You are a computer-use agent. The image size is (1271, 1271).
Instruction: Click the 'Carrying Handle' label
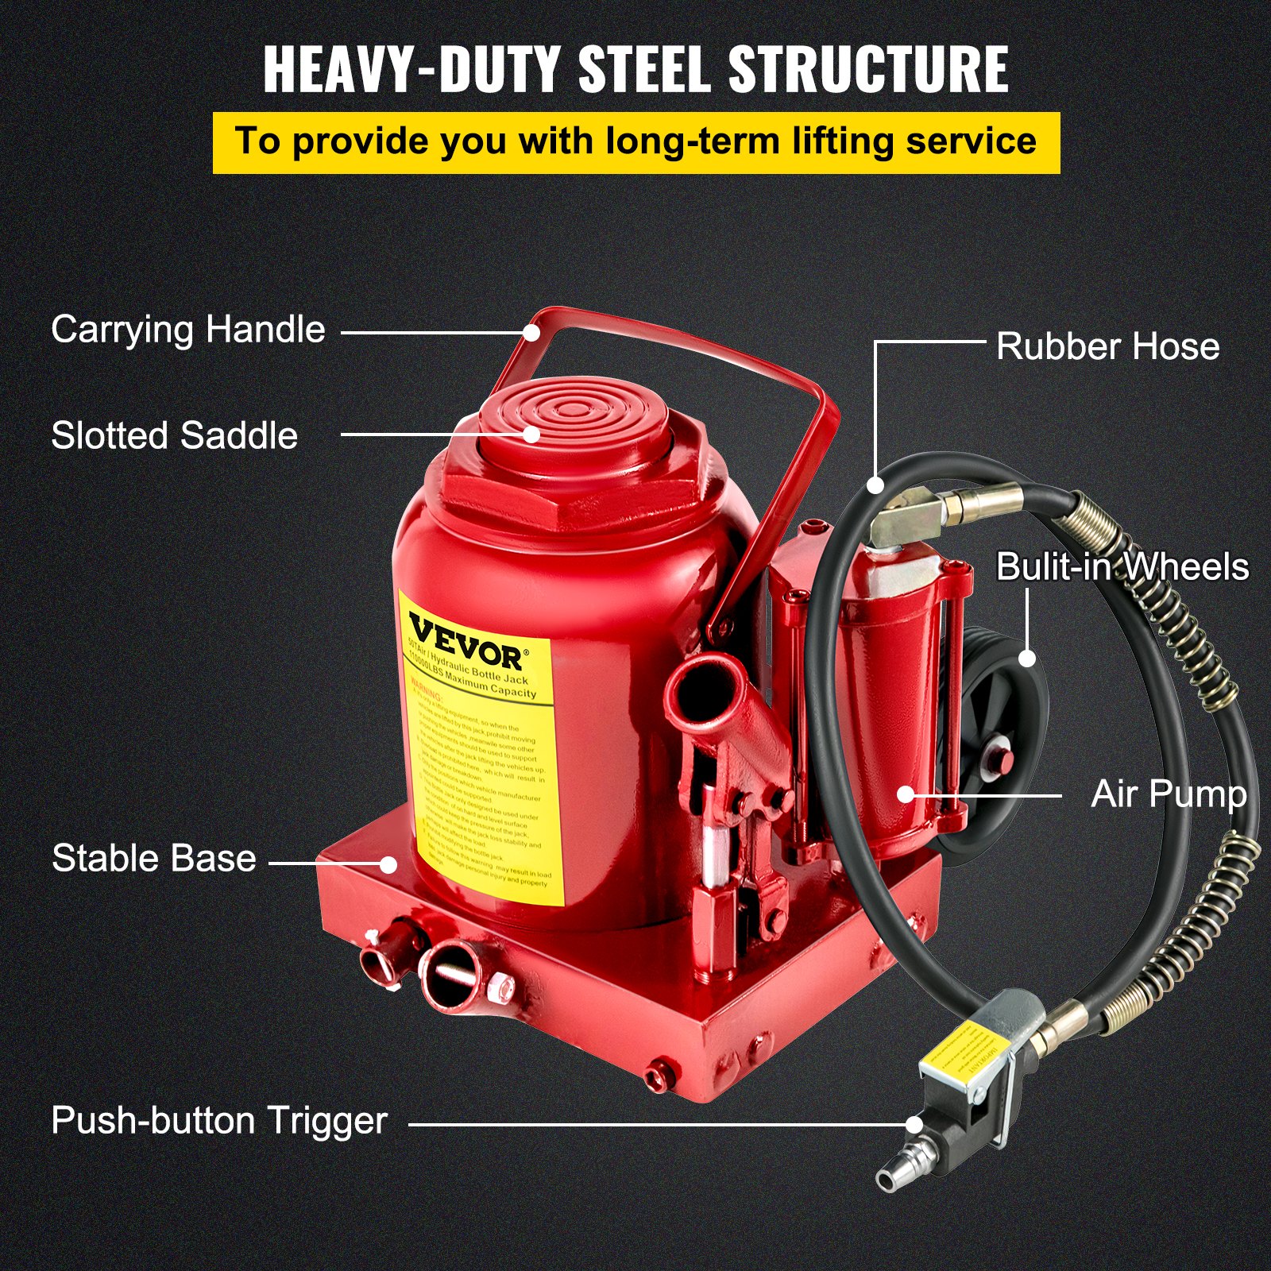click(x=188, y=330)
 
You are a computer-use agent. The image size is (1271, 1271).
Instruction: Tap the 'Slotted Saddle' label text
click(x=175, y=435)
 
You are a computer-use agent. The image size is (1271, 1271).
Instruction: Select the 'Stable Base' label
click(x=154, y=859)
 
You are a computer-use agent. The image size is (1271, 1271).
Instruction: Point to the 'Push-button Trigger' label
click(x=219, y=1121)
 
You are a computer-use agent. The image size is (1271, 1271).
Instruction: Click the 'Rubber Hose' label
click(x=1107, y=346)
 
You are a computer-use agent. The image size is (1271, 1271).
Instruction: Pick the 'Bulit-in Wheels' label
click(x=1122, y=567)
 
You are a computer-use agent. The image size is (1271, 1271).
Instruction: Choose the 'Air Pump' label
click(x=1169, y=794)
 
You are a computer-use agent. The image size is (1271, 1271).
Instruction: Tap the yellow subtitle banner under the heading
click(x=635, y=142)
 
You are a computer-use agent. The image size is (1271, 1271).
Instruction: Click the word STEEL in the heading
click(x=643, y=70)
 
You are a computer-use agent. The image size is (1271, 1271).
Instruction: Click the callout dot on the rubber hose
click(x=875, y=484)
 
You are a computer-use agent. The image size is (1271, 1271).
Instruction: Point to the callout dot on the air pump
click(x=906, y=794)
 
